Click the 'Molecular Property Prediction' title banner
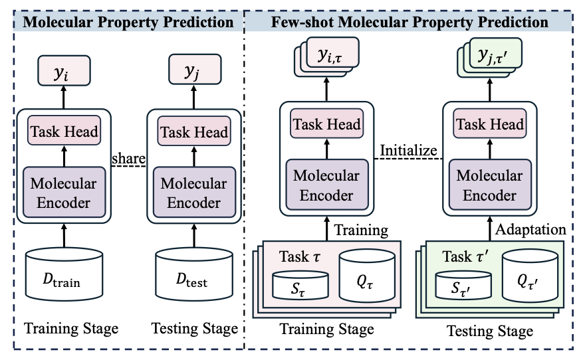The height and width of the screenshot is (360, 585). click(129, 22)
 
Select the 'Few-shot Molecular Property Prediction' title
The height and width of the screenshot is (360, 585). click(410, 22)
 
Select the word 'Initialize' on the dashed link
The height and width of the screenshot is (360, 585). click(409, 150)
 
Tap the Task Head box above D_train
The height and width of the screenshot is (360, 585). click(64, 132)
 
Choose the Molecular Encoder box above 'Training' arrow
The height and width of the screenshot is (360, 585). click(327, 185)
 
